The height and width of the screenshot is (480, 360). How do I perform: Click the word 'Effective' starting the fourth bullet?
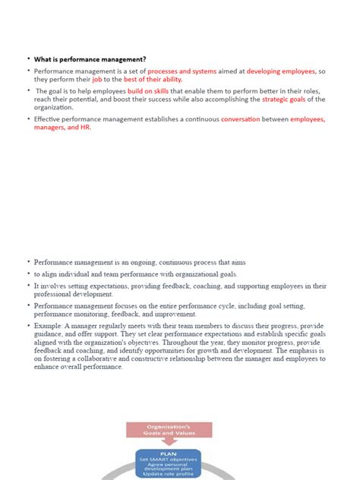(48, 119)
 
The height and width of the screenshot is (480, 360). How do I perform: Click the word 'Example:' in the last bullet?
(49, 326)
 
